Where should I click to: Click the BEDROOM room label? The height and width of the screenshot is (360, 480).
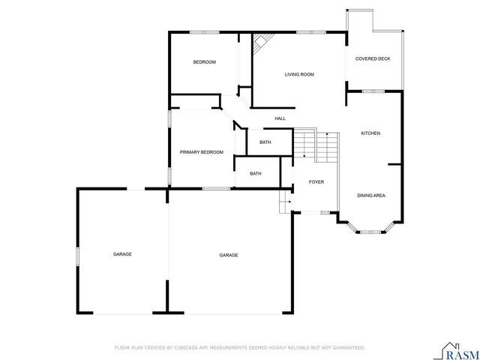pos(204,62)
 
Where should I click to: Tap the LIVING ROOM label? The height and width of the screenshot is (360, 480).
pos(298,74)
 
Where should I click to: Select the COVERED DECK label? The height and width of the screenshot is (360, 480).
pos(373,58)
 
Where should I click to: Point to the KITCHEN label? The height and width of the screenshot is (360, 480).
pos(370,133)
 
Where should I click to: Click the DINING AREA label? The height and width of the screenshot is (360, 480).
pos(371,195)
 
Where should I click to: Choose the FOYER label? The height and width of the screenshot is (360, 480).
pos(316,181)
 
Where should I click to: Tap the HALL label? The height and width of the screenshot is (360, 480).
pos(280,118)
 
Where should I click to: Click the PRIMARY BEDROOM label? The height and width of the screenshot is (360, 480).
pos(202,152)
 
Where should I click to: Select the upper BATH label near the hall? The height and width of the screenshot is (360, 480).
pos(265,142)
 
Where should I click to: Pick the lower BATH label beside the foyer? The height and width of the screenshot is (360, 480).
pos(256,174)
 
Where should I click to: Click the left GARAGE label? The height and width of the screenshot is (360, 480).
pos(122,254)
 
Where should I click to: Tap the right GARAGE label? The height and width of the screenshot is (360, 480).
pos(229,255)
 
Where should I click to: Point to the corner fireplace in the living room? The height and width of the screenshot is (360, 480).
pos(261,44)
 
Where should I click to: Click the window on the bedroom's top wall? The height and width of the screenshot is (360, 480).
pos(203,31)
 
